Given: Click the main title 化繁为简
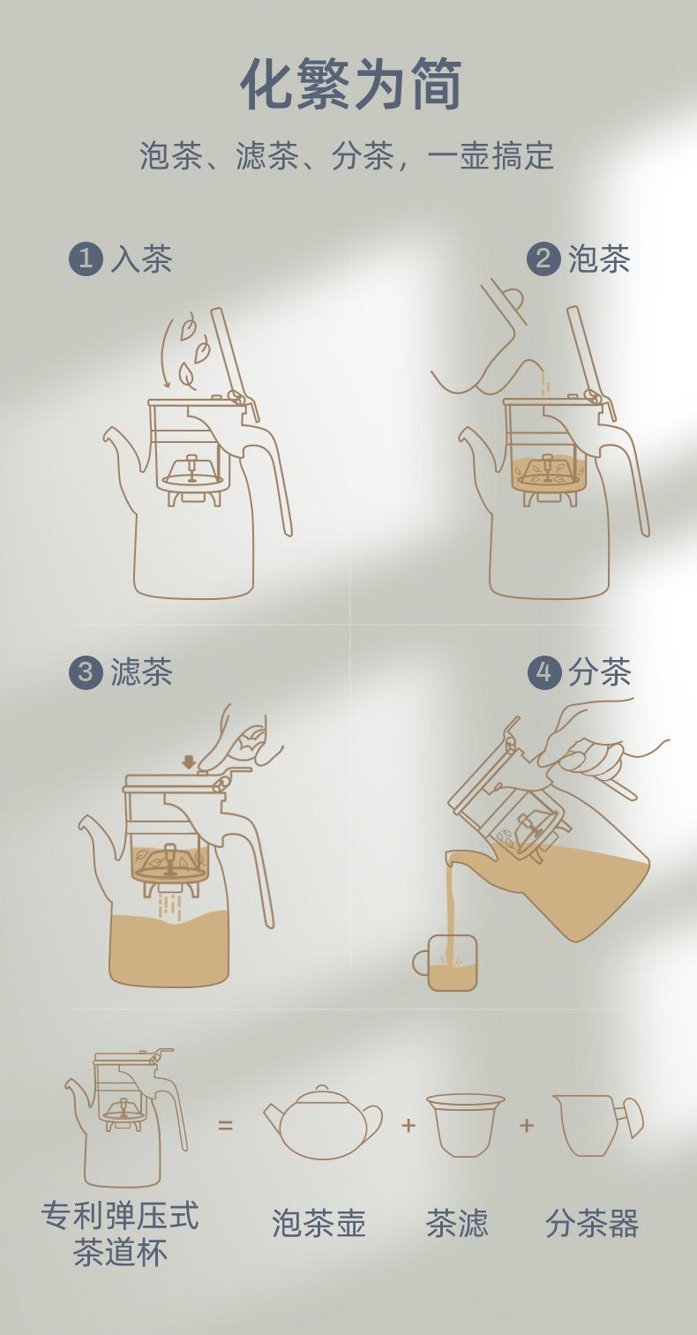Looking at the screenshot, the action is (351, 84).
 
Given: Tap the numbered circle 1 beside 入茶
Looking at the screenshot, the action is (86, 259).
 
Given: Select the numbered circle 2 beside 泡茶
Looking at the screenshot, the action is (543, 259).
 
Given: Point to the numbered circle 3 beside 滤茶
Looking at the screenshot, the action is (86, 671).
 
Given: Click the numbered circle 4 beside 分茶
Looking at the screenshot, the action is (543, 671).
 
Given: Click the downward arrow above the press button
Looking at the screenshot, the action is (189, 762).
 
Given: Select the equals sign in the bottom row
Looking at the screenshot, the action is (225, 1125).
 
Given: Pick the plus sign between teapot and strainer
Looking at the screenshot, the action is (408, 1125).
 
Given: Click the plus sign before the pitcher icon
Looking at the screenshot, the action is (527, 1125).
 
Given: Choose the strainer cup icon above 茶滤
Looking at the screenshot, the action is (466, 1124).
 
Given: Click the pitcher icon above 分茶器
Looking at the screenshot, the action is (597, 1124).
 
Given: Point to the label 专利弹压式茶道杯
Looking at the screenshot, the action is (120, 1233).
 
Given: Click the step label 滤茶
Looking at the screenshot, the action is (142, 671).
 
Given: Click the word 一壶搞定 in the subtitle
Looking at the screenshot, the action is (491, 156).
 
